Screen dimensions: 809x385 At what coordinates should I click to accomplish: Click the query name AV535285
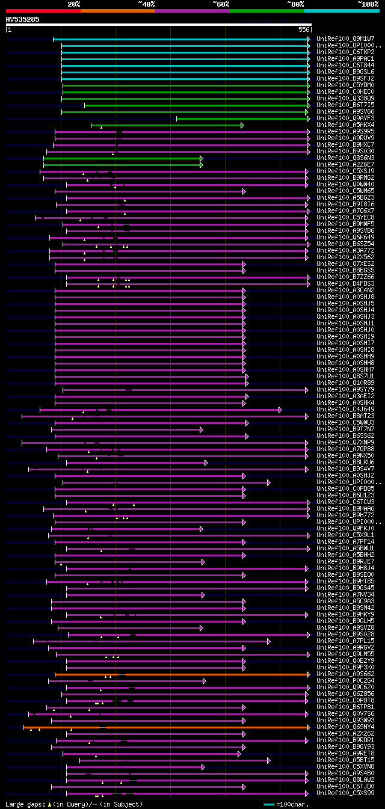coord(23,19)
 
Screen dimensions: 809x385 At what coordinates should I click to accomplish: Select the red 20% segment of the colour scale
coord(43,10)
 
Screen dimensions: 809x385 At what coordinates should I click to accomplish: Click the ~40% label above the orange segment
coord(146,4)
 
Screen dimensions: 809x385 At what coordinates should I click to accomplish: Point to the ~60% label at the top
coord(221,4)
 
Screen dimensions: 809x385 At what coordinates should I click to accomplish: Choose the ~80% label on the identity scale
coord(295,4)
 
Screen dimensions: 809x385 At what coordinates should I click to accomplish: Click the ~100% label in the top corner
coord(368,4)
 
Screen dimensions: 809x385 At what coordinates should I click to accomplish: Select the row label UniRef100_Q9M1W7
coord(345,38)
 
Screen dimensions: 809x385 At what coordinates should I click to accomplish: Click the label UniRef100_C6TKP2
coord(345,52)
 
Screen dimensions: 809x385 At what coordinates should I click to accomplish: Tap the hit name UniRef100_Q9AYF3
coord(345,118)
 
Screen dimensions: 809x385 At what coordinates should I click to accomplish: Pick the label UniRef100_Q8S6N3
coord(345,158)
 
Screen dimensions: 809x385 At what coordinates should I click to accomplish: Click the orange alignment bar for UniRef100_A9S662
coord(180,675)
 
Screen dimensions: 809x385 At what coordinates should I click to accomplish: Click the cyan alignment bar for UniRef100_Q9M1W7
coord(180,39)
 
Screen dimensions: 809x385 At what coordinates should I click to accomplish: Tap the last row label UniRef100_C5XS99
coord(345,793)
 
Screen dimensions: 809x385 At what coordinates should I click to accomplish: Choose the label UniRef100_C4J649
coord(345,410)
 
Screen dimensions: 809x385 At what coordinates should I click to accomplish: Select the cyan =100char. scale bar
coord(269,804)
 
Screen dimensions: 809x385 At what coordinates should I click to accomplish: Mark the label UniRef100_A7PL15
coord(345,641)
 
